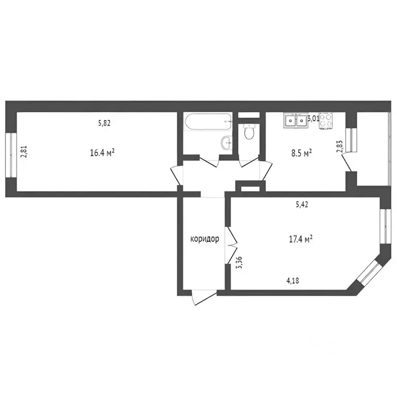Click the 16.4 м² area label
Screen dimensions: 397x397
102,152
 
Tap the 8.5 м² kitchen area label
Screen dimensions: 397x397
300,152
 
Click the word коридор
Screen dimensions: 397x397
205,239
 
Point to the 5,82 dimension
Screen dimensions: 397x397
104,123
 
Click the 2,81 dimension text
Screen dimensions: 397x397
23,153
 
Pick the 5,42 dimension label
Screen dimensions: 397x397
302,205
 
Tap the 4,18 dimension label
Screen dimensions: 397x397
293,281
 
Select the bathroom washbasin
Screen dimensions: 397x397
226,143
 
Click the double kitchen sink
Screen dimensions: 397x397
295,121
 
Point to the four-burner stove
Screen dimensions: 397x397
326,120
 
